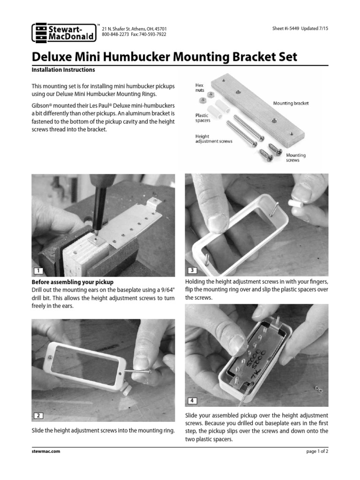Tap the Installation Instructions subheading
click(63, 70)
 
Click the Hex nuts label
click(200, 88)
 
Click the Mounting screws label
click(296, 157)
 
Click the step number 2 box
click(38, 415)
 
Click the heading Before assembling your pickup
click(72, 282)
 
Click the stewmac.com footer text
click(45, 451)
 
